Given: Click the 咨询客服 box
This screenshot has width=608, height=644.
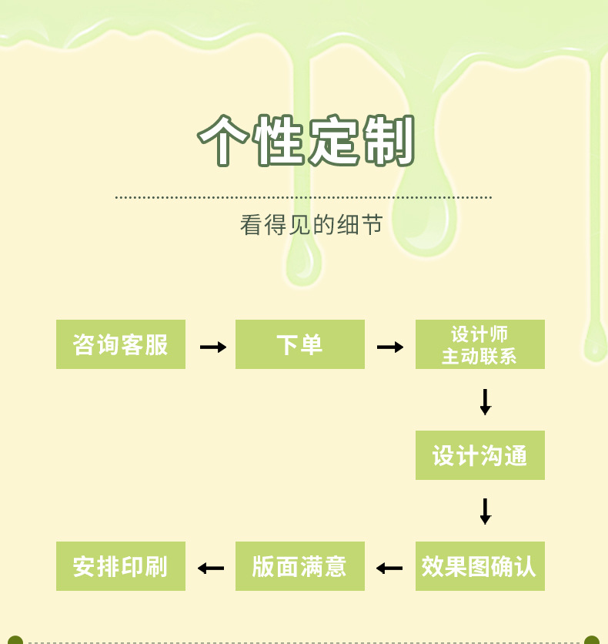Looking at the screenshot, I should [121, 344].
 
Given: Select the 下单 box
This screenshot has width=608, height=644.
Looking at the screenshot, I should [300, 344].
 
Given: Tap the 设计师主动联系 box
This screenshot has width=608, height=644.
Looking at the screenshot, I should [480, 344].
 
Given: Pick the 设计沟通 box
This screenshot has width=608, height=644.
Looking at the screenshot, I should [480, 455].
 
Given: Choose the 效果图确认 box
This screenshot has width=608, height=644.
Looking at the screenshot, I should [480, 566].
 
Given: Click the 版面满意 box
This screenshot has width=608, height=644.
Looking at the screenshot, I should [300, 566].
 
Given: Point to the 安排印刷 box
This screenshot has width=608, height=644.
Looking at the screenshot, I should [121, 566].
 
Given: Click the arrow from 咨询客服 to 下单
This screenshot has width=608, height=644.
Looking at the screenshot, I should [213, 347].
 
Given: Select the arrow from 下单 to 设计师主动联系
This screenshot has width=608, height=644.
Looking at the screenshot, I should [390, 347].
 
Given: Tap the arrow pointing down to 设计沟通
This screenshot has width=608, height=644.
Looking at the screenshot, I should [485, 402].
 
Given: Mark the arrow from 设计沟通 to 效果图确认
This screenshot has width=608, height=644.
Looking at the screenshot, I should [485, 512].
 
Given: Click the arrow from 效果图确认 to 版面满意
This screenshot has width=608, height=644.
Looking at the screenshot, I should [389, 569].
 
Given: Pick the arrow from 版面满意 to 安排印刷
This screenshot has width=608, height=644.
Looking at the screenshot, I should [210, 569].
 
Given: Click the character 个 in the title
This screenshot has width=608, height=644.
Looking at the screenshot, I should [225, 141].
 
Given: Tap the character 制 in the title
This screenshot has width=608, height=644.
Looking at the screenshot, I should [389, 141].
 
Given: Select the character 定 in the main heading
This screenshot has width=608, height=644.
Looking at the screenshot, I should [335, 141].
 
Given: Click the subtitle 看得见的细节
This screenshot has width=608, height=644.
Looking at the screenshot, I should [311, 225].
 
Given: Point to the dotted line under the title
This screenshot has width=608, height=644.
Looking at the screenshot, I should [303, 198].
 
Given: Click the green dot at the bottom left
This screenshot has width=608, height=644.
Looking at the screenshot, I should [15, 640].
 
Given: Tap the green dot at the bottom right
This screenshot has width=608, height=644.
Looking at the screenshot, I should [591, 640].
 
